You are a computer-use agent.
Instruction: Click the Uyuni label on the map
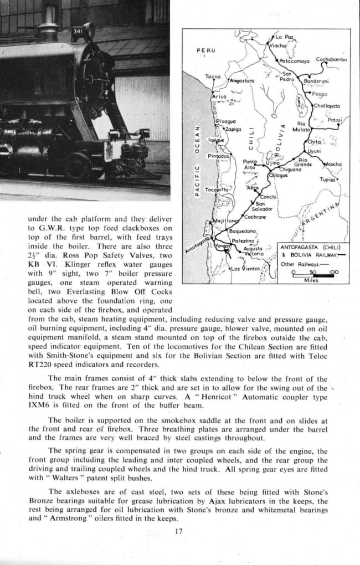coord(314,151)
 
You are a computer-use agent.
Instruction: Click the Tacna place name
coord(213,76)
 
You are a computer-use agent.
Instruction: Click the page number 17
coord(178,532)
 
